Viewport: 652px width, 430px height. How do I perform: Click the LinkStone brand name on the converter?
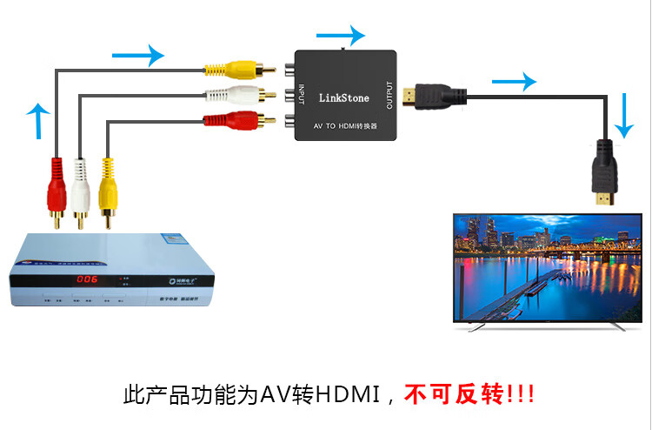pyautogui.click(x=344, y=98)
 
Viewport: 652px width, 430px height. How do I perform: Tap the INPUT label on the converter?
pyautogui.click(x=302, y=91)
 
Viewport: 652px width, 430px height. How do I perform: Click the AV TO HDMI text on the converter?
pyautogui.click(x=346, y=127)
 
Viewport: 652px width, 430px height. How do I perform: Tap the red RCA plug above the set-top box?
pyautogui.click(x=56, y=185)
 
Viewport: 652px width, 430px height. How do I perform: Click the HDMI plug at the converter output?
pyautogui.click(x=431, y=95)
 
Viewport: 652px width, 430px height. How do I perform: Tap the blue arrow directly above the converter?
pyautogui.click(x=341, y=36)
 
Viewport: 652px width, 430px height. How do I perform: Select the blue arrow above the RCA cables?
pyautogui.click(x=139, y=57)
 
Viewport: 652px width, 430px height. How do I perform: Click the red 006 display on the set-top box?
pyautogui.click(x=87, y=279)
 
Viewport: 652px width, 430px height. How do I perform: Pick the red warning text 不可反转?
pyautogui.click(x=456, y=396)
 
